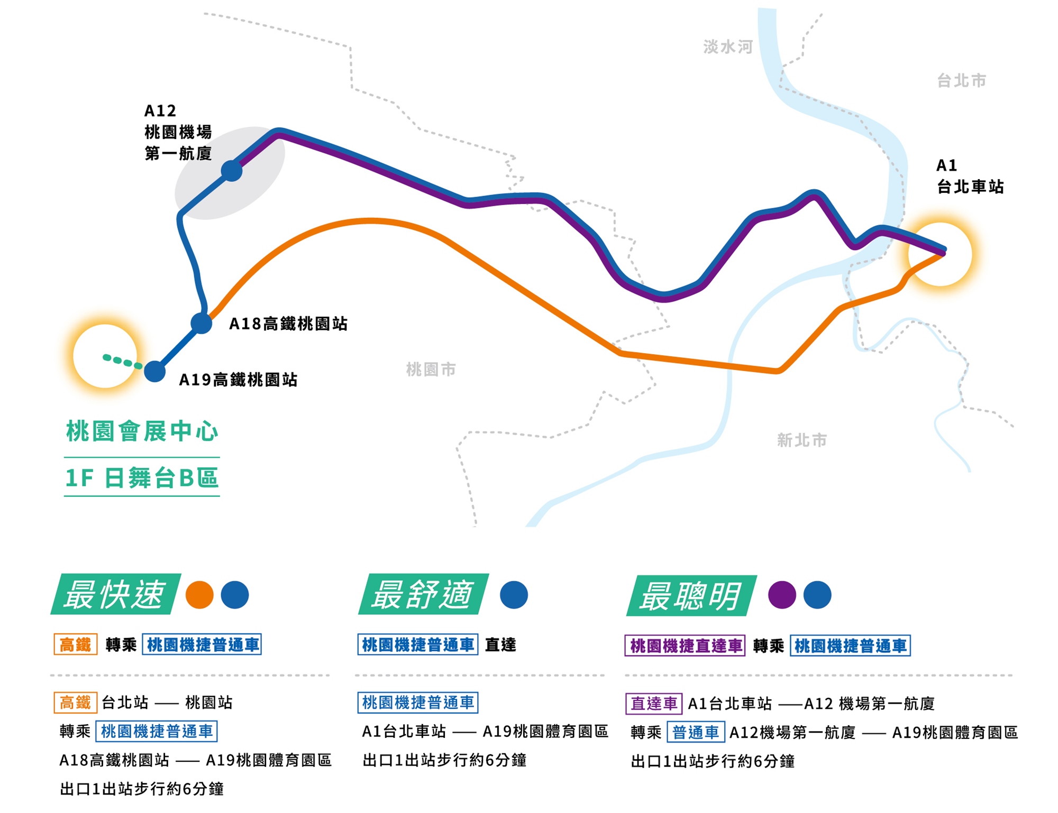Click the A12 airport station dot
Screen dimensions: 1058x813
232,171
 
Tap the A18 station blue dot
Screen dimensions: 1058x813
202,323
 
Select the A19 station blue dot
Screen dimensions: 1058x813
155,371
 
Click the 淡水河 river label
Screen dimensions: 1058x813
728,47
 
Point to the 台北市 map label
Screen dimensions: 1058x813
961,80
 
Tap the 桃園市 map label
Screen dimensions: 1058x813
431,369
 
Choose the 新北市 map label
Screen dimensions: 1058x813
801,440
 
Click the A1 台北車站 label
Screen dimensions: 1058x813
970,176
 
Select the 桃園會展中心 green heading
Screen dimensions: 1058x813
142,431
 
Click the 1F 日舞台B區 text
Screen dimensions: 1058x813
142,477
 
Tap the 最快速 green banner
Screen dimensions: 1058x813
116,594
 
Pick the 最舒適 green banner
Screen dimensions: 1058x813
423,594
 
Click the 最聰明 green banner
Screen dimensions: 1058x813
691,596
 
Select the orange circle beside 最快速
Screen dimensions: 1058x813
199,595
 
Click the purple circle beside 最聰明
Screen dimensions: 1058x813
782,595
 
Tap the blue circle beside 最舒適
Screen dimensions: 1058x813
514,595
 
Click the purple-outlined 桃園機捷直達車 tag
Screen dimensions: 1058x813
685,645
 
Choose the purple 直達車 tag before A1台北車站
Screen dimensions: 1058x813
654,704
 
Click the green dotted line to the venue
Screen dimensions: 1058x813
123,362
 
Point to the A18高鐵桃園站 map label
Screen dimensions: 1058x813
288,324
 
